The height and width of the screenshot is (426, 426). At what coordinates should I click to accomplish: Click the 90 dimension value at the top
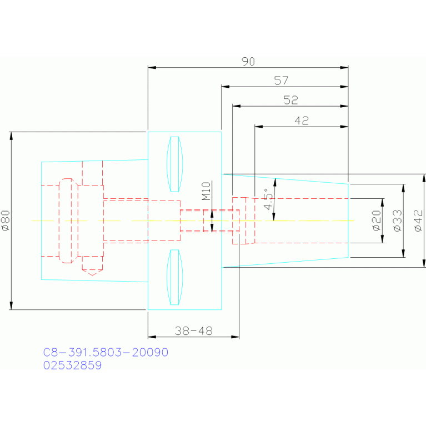[x=248, y=62]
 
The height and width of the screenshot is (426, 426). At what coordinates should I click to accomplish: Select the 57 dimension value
[x=282, y=81]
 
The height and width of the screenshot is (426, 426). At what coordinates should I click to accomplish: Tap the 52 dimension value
[x=290, y=100]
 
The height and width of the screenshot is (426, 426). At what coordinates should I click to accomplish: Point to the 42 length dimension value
[x=302, y=121]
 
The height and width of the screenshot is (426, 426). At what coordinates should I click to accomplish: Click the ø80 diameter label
[x=6, y=220]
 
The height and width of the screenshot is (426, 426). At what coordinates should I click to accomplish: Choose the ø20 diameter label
[x=376, y=220]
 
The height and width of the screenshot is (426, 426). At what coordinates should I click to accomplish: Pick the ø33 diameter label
[x=397, y=220]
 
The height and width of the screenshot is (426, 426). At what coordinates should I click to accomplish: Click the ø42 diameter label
[x=418, y=220]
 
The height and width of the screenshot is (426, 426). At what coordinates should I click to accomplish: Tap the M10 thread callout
[x=205, y=191]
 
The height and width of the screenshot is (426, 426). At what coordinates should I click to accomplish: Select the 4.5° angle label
[x=269, y=199]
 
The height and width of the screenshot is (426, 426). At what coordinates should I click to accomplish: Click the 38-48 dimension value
[x=193, y=331]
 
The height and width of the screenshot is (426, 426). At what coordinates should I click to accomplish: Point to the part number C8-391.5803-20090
[x=106, y=353]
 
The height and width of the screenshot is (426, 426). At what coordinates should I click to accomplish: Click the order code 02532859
[x=72, y=365]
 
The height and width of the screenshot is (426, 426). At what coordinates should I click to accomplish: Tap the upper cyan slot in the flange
[x=175, y=164]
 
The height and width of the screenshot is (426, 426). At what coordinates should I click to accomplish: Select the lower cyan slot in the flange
[x=175, y=277]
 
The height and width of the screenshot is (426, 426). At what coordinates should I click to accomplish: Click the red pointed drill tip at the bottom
[x=92, y=272]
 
